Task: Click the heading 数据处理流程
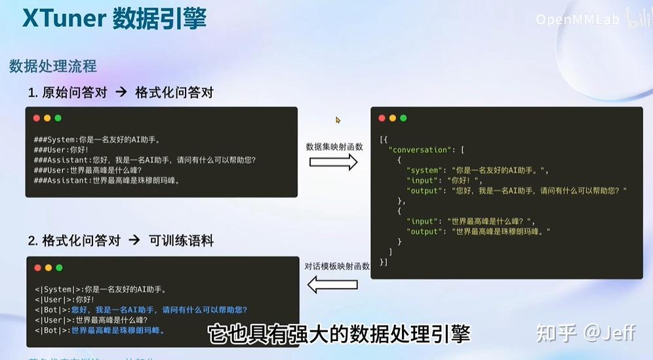[x=53, y=66]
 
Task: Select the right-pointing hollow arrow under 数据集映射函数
[x=334, y=162]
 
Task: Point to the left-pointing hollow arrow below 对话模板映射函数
[x=332, y=284]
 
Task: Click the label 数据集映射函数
[x=334, y=146]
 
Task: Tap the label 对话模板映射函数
[x=337, y=266]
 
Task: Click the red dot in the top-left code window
[x=37, y=118]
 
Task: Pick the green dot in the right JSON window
[x=403, y=118]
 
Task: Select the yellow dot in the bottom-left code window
[x=48, y=268]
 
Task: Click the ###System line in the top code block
[x=97, y=139]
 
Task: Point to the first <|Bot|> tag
[x=52, y=310]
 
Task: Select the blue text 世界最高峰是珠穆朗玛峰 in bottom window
[x=118, y=330]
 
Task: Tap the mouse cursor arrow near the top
[x=338, y=120]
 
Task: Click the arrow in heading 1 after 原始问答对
[x=121, y=92]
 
